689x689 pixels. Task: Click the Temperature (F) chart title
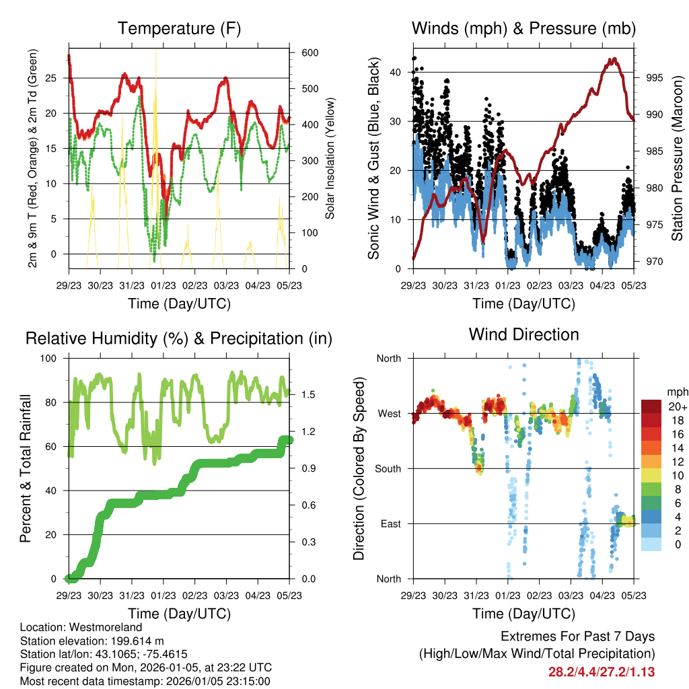(x=179, y=29)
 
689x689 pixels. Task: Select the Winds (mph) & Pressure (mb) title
(x=523, y=29)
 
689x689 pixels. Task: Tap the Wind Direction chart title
(x=523, y=334)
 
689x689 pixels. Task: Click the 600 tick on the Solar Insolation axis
(x=310, y=53)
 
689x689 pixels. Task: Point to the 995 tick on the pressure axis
(x=654, y=77)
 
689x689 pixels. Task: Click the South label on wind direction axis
(x=388, y=468)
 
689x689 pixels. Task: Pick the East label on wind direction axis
(x=391, y=523)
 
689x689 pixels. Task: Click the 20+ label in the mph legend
(x=677, y=407)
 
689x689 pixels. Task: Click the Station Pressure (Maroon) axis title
(x=677, y=158)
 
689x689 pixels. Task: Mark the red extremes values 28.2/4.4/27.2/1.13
(x=602, y=672)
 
